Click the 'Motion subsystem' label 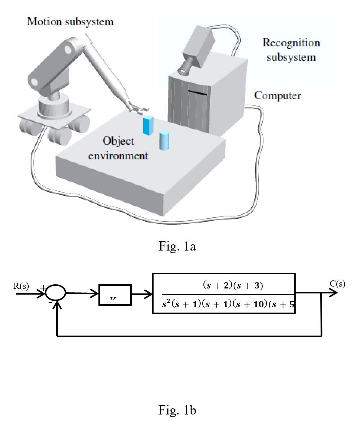(70, 21)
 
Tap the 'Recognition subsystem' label (291, 50)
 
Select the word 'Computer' (278, 95)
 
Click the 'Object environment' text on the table (118, 148)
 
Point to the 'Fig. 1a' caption (177, 246)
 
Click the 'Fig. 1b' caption (177, 411)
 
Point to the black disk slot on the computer (198, 93)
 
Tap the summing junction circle (56, 293)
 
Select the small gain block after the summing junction (115, 295)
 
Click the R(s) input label (21, 286)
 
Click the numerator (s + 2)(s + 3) (232, 285)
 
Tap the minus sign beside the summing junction (50, 303)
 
